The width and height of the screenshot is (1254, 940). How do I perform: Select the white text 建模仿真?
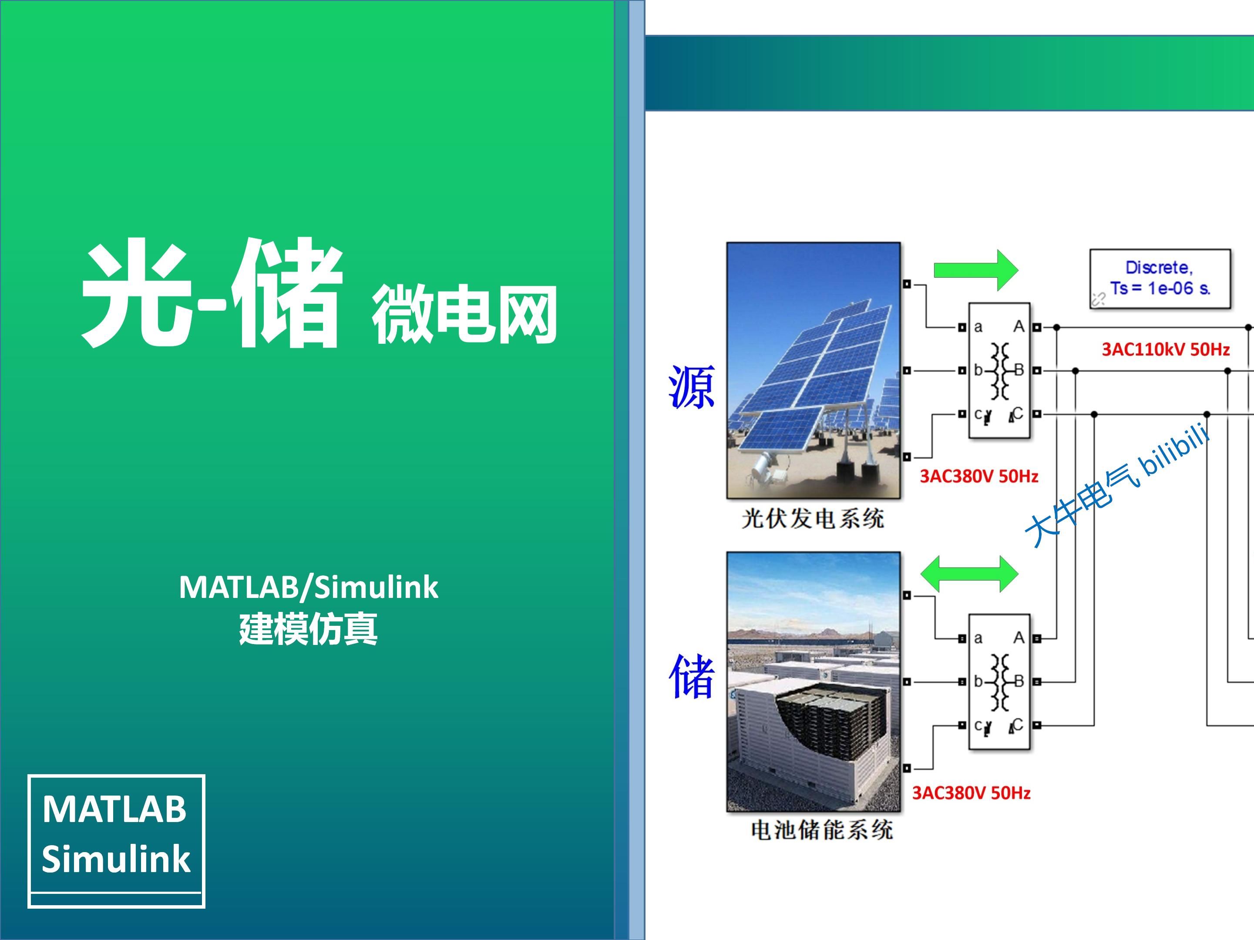click(x=309, y=629)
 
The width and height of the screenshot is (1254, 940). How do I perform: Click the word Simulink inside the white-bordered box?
click(x=116, y=858)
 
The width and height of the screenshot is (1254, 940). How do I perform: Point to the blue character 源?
click(x=691, y=387)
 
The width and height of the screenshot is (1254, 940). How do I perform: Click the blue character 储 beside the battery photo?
click(x=691, y=676)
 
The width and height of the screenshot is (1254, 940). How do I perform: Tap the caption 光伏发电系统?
click(x=812, y=519)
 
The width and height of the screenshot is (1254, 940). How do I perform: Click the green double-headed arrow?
click(x=969, y=574)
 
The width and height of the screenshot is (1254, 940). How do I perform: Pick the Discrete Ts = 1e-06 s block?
click(x=1160, y=279)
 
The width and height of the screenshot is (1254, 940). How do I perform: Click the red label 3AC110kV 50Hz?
click(x=1166, y=349)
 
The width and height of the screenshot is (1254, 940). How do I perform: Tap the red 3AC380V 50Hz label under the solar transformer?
click(x=978, y=476)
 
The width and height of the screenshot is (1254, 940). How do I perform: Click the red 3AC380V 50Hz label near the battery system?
click(x=971, y=792)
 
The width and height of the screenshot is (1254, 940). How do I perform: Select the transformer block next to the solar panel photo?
click(x=999, y=371)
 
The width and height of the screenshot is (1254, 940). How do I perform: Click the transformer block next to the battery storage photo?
click(x=999, y=681)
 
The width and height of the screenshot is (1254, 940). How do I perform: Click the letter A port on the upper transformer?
click(x=1019, y=327)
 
